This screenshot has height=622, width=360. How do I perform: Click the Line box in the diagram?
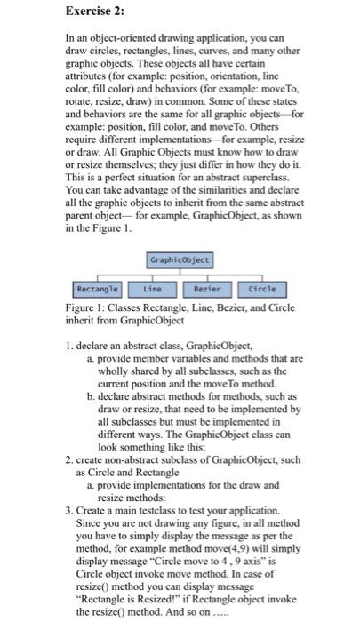click(x=149, y=290)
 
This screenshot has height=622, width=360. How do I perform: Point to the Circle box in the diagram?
click(x=268, y=290)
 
